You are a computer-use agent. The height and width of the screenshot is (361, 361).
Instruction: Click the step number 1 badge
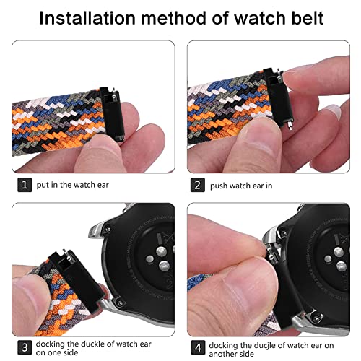25,186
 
